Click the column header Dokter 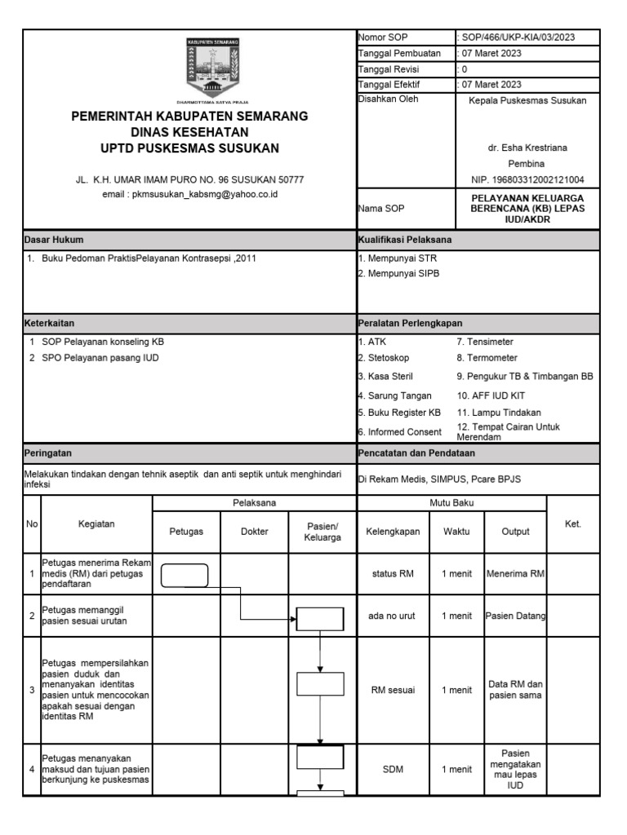click(x=255, y=531)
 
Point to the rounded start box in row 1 click(x=185, y=575)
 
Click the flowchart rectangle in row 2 click(x=320, y=618)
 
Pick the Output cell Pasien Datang click(x=515, y=616)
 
